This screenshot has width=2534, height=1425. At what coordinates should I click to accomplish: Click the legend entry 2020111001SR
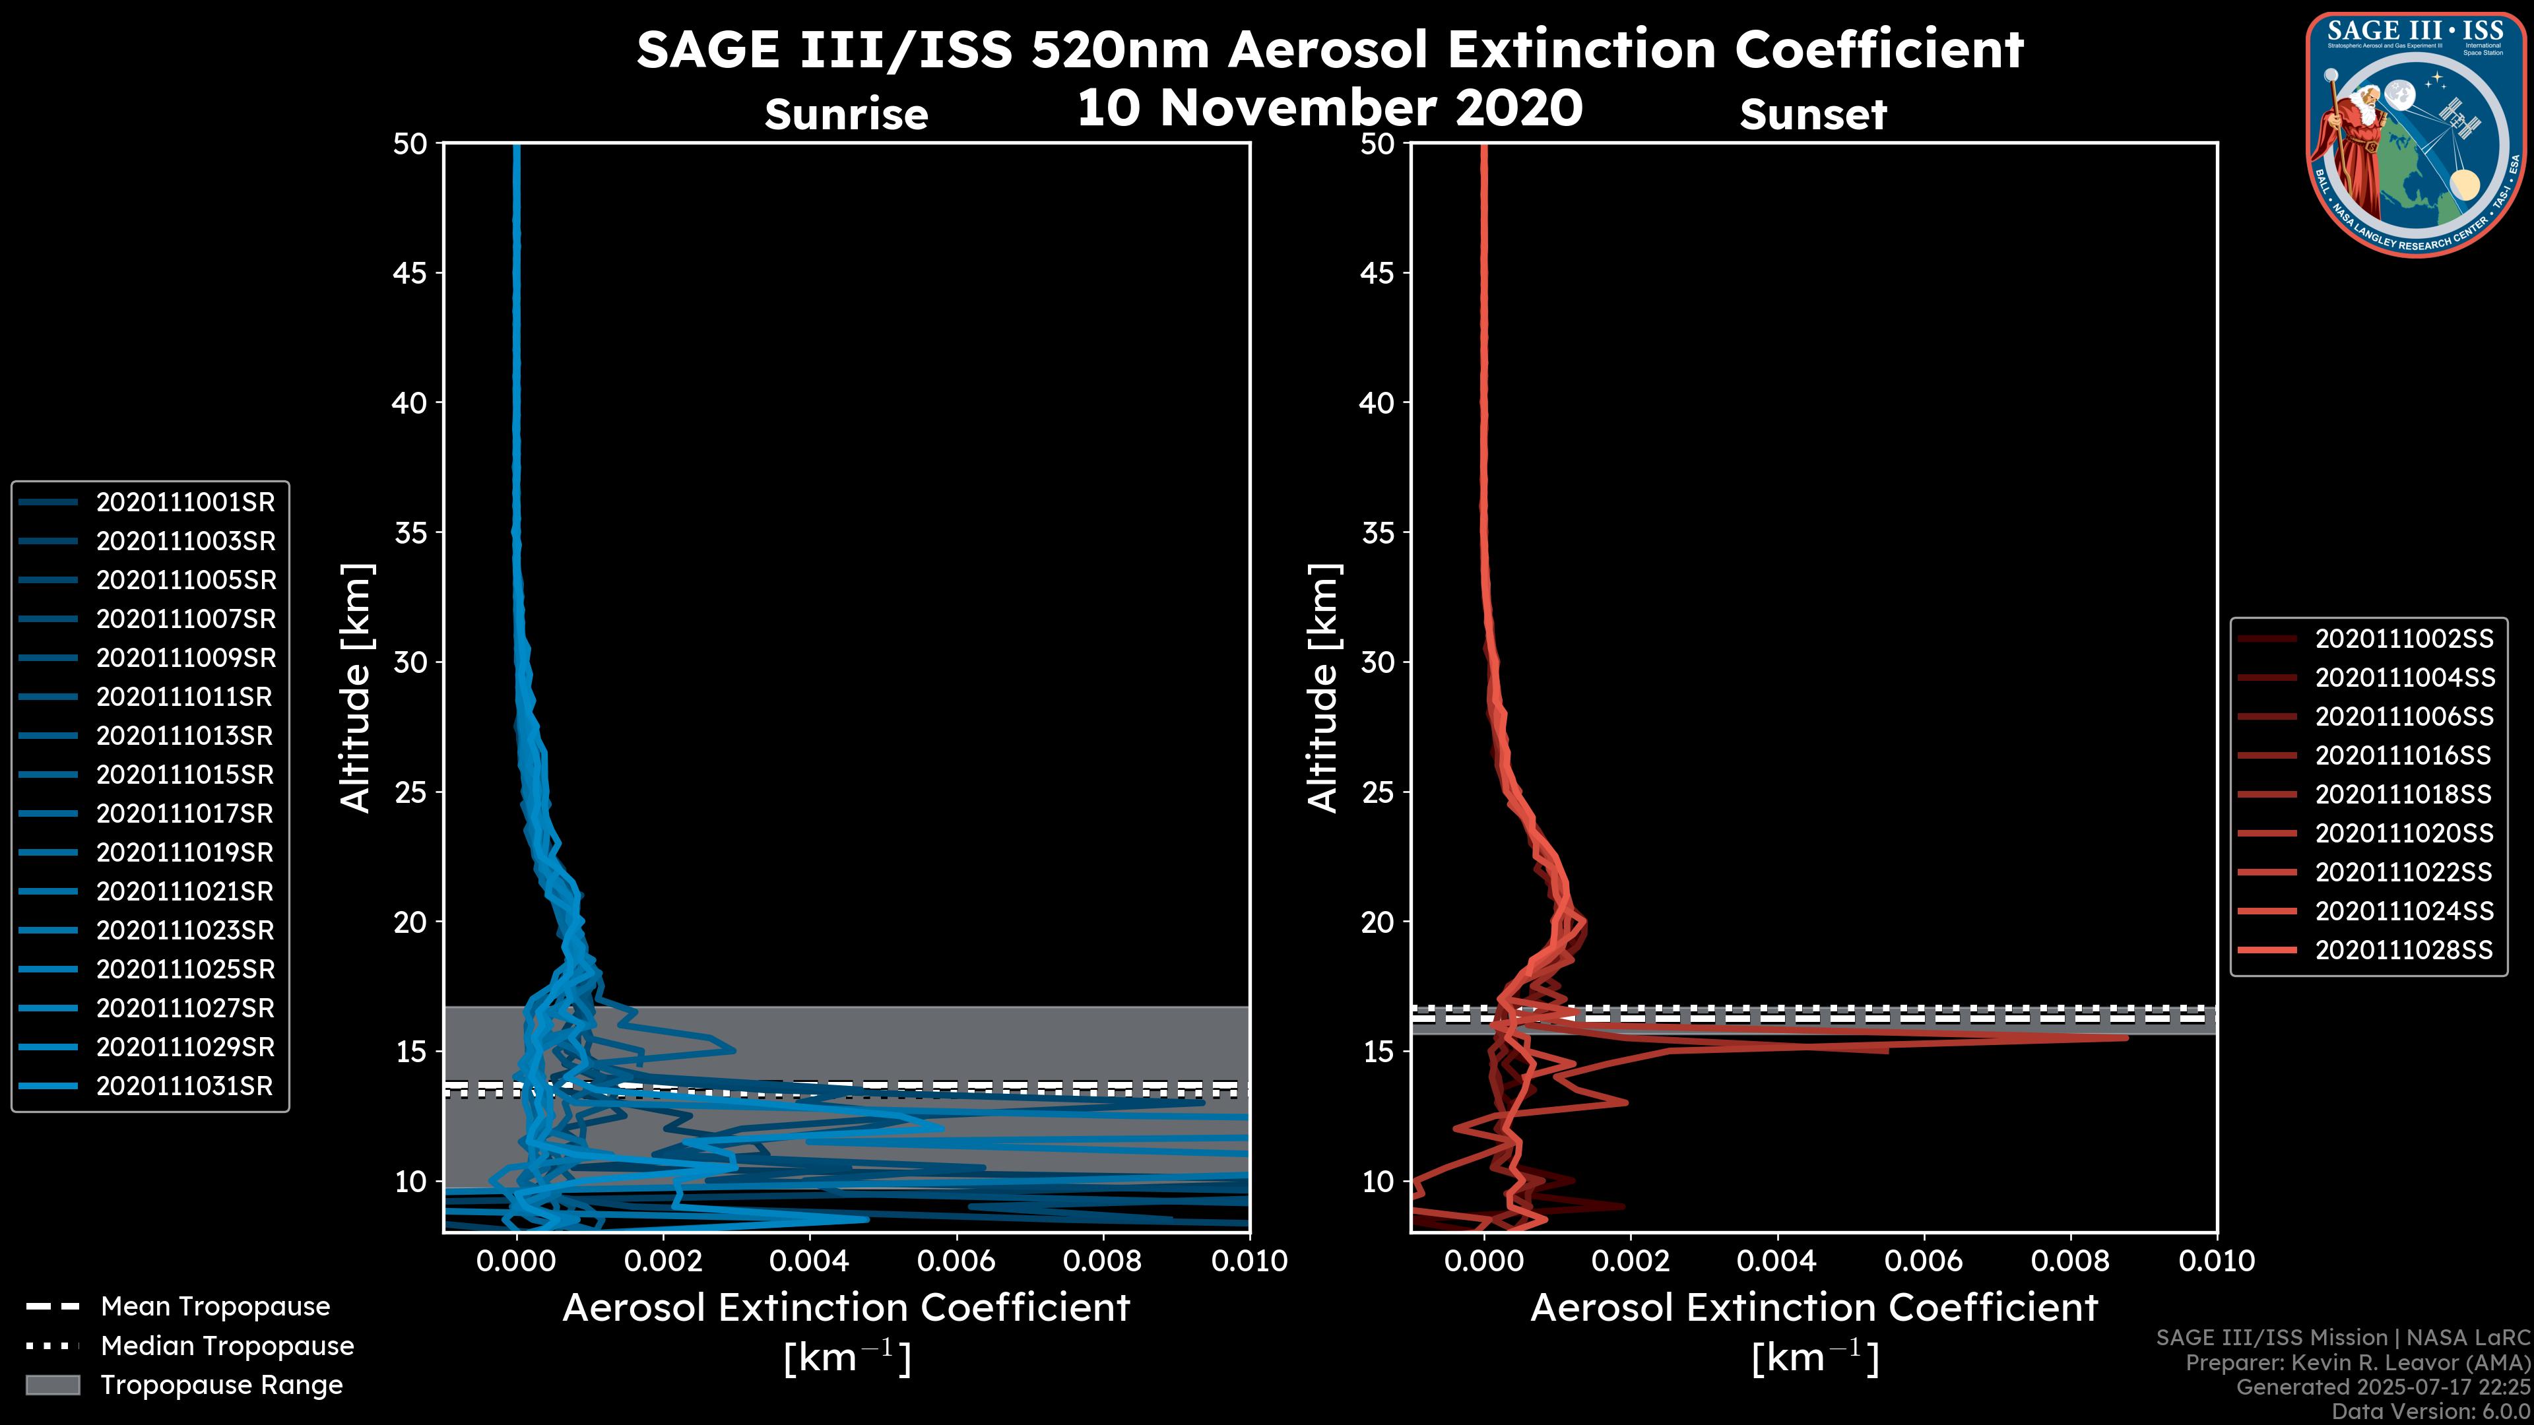185,503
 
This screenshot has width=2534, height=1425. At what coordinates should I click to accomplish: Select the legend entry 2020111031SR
185,1087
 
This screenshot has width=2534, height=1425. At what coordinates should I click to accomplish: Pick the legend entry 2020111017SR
185,814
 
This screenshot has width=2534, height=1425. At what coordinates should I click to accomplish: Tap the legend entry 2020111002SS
2403,639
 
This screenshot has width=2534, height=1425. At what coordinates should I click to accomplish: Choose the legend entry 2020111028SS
2403,951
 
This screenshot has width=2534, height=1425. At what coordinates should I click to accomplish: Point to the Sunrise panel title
846,115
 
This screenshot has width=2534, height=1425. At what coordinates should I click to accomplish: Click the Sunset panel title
1813,115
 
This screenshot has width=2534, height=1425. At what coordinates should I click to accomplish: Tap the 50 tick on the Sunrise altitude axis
410,144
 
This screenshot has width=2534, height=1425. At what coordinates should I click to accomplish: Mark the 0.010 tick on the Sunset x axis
2217,1261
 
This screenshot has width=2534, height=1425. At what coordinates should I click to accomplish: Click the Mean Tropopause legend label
215,1307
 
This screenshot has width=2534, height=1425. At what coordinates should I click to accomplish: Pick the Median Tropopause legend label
227,1346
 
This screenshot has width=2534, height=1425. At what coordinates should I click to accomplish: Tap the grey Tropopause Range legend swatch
53,1385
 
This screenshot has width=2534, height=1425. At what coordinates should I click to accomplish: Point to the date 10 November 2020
1330,108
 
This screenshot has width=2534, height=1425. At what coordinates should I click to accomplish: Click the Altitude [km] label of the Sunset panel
1323,688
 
